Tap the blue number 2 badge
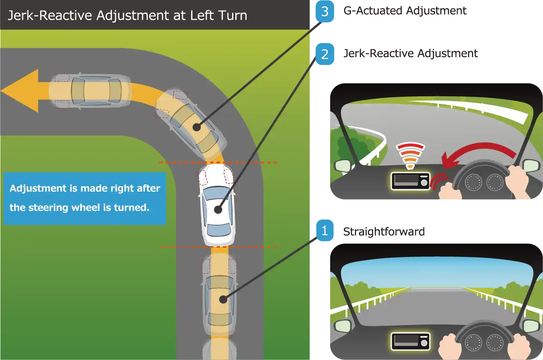[324, 54]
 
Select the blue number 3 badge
[324, 12]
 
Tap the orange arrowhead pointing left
[20, 91]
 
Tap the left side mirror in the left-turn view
[343, 166]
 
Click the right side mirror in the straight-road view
[531, 325]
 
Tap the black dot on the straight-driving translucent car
[223, 299]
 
